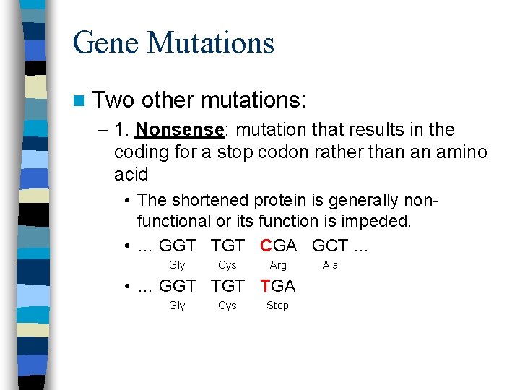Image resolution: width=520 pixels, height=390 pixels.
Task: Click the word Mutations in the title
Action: pyautogui.click(x=211, y=43)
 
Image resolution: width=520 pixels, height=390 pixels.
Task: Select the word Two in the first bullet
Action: pyautogui.click(x=113, y=100)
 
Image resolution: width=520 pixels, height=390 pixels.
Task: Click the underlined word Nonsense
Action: pyautogui.click(x=179, y=130)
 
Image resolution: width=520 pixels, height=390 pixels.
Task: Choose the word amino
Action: pyautogui.click(x=459, y=152)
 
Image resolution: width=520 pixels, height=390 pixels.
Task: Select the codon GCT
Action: pyautogui.click(x=330, y=246)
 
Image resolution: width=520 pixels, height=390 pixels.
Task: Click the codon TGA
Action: pyautogui.click(x=278, y=286)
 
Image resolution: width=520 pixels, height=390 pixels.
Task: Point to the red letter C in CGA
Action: pyautogui.click(x=266, y=246)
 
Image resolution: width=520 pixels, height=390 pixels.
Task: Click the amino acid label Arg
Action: pyautogui.click(x=278, y=265)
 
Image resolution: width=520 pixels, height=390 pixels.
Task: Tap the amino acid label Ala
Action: pyautogui.click(x=330, y=265)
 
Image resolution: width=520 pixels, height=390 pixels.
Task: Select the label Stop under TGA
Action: pyautogui.click(x=277, y=305)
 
